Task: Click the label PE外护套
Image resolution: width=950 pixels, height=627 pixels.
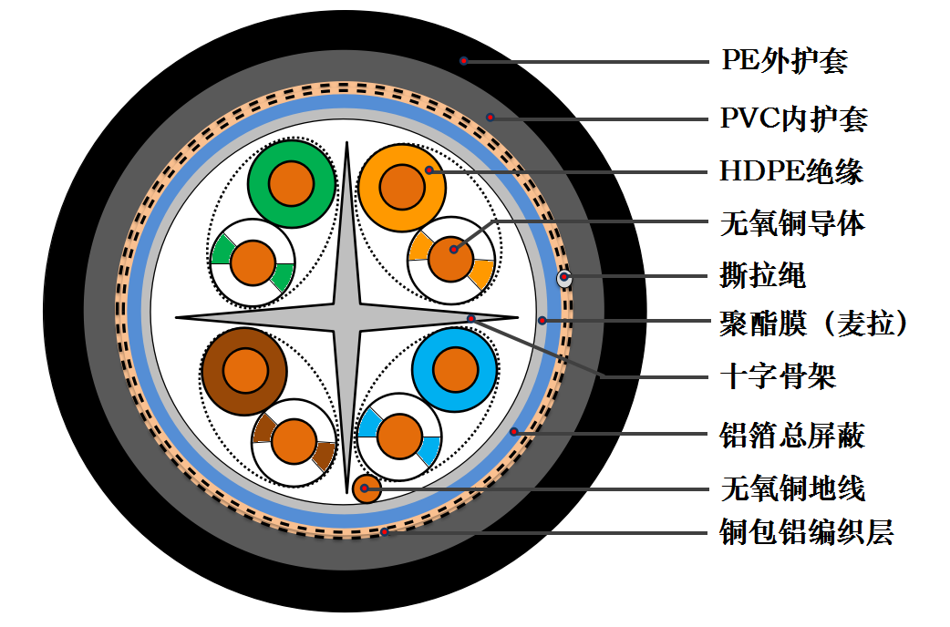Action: (x=784, y=61)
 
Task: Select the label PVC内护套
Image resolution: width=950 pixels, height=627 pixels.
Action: (x=793, y=118)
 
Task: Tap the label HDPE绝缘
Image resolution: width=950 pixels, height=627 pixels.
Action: (x=790, y=170)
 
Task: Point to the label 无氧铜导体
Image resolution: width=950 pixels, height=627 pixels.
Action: (x=792, y=222)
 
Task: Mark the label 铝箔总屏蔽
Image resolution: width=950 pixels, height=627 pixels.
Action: (x=792, y=435)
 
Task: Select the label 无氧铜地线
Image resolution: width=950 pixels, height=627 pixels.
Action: (x=792, y=488)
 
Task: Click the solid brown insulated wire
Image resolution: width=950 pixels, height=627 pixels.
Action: (x=244, y=372)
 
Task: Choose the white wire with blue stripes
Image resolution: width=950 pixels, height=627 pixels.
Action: (x=399, y=437)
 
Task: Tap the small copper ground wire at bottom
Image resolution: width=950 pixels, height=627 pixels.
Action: (x=366, y=488)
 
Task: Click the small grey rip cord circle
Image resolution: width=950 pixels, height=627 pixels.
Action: (x=565, y=278)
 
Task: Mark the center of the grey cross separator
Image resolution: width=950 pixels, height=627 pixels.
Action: (x=347, y=318)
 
